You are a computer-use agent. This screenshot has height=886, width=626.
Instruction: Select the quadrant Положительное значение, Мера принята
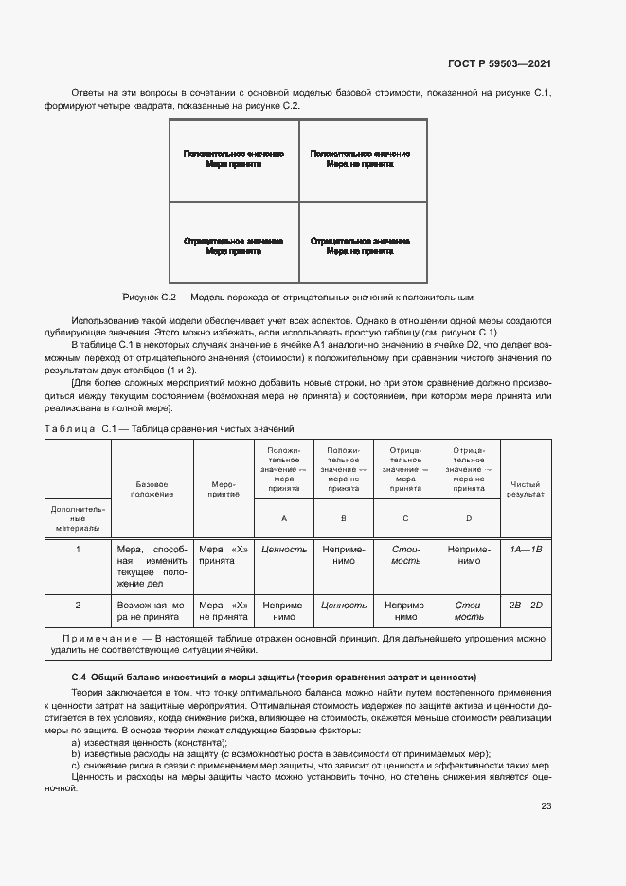pyautogui.click(x=233, y=158)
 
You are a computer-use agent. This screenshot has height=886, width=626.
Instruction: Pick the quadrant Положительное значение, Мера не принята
pyautogui.click(x=360, y=158)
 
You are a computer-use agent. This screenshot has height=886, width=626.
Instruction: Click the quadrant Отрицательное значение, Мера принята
pyautogui.click(x=233, y=246)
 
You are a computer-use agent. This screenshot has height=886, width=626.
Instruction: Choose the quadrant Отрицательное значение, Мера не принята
pyautogui.click(x=360, y=246)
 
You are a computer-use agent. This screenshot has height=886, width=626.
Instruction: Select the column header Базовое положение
pyautogui.click(x=152, y=489)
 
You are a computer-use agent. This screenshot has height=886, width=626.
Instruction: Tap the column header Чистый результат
pyautogui.click(x=525, y=489)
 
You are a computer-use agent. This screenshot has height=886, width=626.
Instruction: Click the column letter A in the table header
pyautogui.click(x=283, y=518)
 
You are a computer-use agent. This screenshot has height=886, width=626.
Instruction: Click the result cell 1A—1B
pyautogui.click(x=525, y=549)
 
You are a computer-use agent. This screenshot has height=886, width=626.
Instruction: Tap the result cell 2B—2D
pyautogui.click(x=525, y=604)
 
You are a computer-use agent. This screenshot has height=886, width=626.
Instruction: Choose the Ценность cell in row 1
pyautogui.click(x=283, y=549)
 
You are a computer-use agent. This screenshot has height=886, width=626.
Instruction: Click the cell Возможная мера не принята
pyautogui.click(x=152, y=609)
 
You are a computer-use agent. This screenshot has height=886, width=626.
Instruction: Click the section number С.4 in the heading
pyautogui.click(x=80, y=677)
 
